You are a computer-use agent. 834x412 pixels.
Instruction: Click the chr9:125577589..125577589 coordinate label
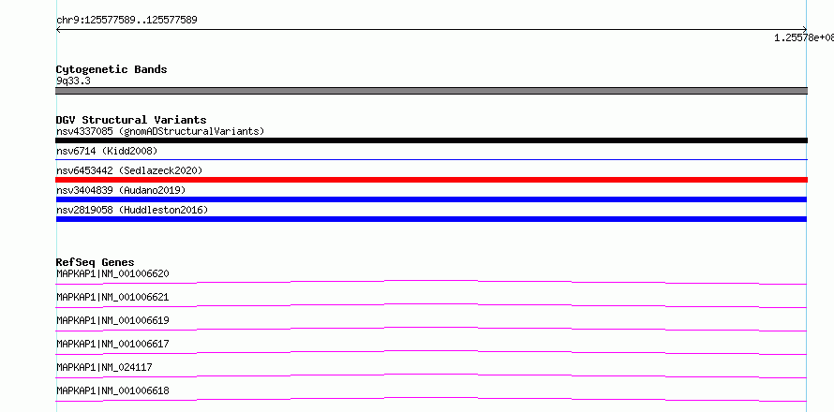tap(127, 21)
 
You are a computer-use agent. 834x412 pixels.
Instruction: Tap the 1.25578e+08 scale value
tap(804, 37)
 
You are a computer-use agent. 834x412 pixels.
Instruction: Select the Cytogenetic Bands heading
tap(112, 69)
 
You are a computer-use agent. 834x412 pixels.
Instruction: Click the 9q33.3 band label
tap(73, 81)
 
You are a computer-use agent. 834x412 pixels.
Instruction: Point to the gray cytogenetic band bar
tap(431, 91)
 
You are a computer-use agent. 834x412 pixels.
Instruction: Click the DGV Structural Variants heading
tap(131, 120)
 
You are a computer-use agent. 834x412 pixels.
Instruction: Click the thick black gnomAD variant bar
tap(431, 140)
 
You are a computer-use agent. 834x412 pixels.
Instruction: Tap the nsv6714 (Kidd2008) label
tap(107, 151)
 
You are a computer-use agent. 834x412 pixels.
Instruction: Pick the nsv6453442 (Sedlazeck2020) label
tap(129, 170)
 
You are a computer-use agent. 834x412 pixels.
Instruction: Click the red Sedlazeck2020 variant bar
tap(431, 180)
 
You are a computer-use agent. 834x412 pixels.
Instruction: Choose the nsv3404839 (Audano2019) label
tap(121, 190)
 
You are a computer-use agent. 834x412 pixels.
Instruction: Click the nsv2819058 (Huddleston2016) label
tap(132, 210)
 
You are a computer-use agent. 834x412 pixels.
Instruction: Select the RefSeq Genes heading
tap(96, 262)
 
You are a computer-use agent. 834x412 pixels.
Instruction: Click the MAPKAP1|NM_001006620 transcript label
tap(112, 273)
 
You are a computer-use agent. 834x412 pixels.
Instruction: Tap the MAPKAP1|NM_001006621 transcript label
tap(112, 297)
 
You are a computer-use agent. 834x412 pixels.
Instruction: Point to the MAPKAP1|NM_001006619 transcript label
tap(112, 320)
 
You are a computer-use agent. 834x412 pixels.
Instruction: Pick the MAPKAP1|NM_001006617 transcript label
tap(112, 344)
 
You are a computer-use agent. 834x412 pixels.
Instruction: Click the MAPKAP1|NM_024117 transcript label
tap(104, 367)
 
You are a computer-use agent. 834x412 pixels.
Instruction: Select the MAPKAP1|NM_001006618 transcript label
tap(112, 390)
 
